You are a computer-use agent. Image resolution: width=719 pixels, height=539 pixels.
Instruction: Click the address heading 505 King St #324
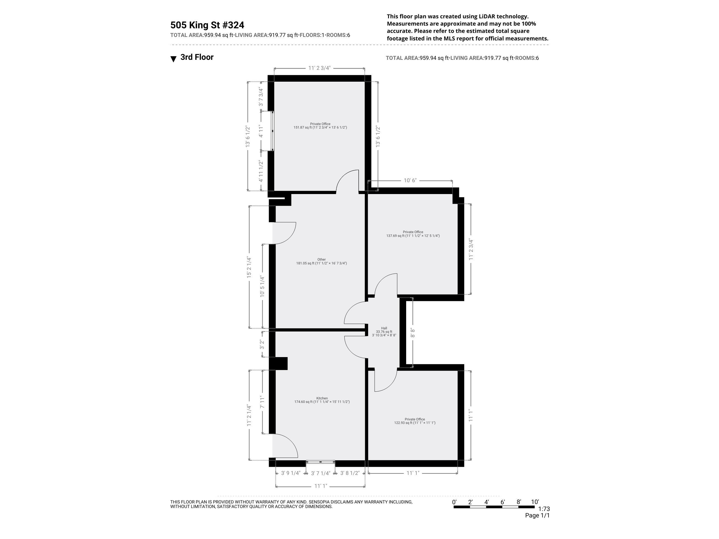(207, 25)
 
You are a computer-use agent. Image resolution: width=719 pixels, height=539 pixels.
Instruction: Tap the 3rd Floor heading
(197, 57)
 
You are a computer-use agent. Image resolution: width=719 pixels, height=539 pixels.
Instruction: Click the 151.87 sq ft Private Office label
(320, 126)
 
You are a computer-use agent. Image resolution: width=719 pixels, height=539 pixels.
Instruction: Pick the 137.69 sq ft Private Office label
(413, 234)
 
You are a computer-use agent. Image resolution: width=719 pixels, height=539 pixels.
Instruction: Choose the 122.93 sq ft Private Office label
(415, 421)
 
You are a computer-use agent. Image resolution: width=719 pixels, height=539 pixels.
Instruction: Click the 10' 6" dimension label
(410, 180)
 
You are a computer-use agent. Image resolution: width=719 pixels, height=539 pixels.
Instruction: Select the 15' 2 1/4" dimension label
(249, 267)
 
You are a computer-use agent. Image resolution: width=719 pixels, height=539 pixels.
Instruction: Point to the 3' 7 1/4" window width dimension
(320, 473)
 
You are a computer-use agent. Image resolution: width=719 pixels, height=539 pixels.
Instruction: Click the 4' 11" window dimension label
(261, 131)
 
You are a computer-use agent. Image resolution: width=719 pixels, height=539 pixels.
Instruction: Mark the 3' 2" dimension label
(262, 344)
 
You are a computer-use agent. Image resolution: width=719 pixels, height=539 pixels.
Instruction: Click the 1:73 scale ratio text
(544, 509)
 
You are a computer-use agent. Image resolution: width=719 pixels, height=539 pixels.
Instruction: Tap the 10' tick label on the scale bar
(535, 502)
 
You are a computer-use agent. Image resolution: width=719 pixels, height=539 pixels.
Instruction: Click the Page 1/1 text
(537, 515)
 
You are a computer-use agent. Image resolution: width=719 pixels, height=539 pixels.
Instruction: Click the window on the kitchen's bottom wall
(320, 462)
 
